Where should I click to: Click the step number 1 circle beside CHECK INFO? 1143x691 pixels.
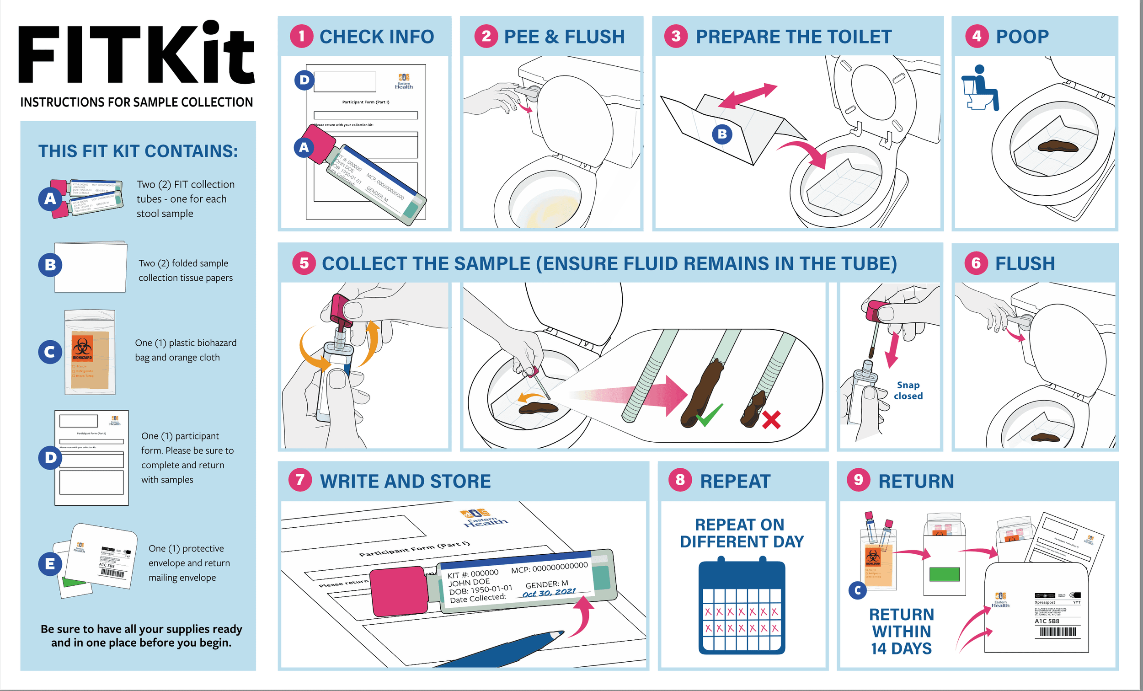click(x=301, y=36)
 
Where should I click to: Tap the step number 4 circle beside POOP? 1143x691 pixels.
click(x=977, y=36)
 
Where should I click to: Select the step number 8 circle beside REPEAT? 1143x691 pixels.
click(x=679, y=480)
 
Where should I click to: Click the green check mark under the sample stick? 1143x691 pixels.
click(x=709, y=415)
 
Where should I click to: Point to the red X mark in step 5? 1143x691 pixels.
click(x=771, y=420)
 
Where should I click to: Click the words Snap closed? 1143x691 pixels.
click(x=908, y=390)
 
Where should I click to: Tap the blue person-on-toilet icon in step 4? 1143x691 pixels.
click(x=980, y=88)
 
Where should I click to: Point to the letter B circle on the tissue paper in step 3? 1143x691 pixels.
click(x=722, y=134)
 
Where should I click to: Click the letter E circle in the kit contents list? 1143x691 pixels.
click(x=50, y=564)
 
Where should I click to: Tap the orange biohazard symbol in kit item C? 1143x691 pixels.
click(x=82, y=347)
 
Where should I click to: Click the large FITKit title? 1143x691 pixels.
click(x=136, y=54)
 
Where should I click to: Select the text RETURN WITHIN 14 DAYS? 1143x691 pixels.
click(x=901, y=632)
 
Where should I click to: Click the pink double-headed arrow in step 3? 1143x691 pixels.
click(x=747, y=96)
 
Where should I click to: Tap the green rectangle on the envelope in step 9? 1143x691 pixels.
click(x=944, y=574)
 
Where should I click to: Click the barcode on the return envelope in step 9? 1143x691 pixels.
click(x=1058, y=632)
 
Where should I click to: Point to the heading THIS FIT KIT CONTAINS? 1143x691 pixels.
click(x=138, y=151)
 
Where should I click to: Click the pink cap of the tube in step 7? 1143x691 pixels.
click(x=399, y=592)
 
